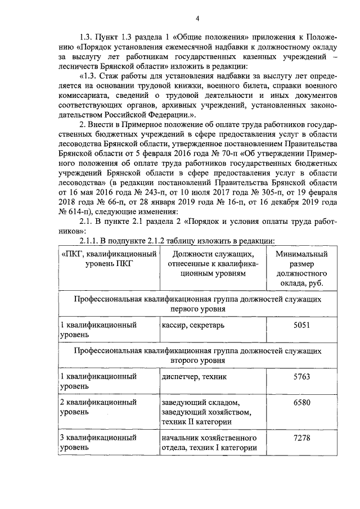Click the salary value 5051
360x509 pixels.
tap(301, 326)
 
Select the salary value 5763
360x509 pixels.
tap(301, 376)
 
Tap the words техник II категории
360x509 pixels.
tap(195, 422)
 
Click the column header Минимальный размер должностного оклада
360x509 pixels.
tap(301, 269)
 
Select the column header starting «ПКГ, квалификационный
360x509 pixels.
tap(107, 259)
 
